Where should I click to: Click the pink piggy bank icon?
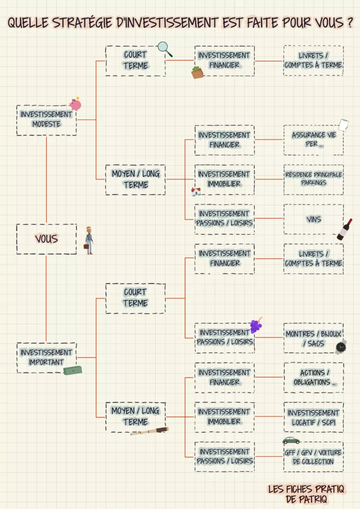coord(75,104)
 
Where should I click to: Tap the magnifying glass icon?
coord(165,48)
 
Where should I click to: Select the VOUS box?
coord(46,239)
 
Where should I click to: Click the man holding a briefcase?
coord(89,240)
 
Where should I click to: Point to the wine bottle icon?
coord(345,230)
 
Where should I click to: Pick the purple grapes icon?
coord(256,326)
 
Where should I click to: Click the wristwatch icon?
coord(341,347)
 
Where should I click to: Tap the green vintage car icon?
coord(291,440)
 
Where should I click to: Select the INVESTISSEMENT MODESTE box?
coord(46,120)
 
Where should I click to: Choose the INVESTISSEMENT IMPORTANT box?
coord(46,357)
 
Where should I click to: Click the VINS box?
coord(313,219)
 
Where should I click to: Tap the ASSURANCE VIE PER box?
coord(313,140)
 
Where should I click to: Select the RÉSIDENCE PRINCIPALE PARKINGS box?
coord(313,179)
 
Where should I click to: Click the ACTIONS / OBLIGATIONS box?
coord(313,377)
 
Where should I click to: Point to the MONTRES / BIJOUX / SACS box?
coord(313,339)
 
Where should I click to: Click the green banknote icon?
coord(73,370)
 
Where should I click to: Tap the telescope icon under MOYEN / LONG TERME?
coord(150,431)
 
